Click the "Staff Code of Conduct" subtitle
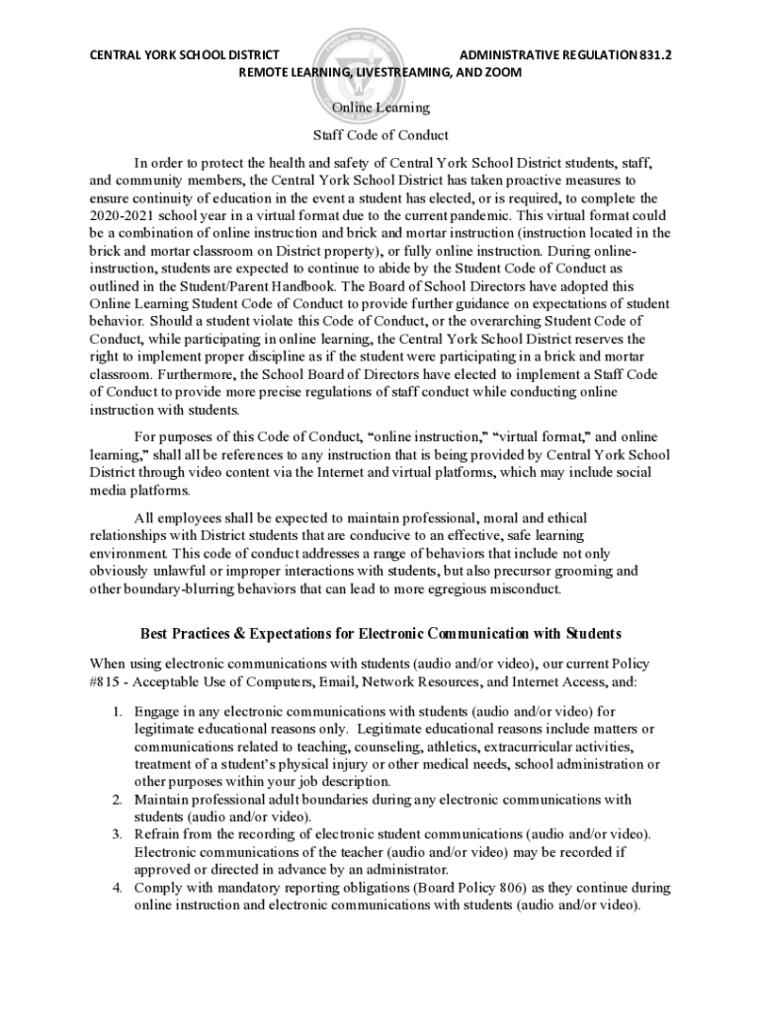click(x=380, y=135)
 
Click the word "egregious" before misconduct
click(x=443, y=588)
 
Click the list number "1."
click(x=117, y=711)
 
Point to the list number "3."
click(x=117, y=834)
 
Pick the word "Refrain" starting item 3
click(x=158, y=834)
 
